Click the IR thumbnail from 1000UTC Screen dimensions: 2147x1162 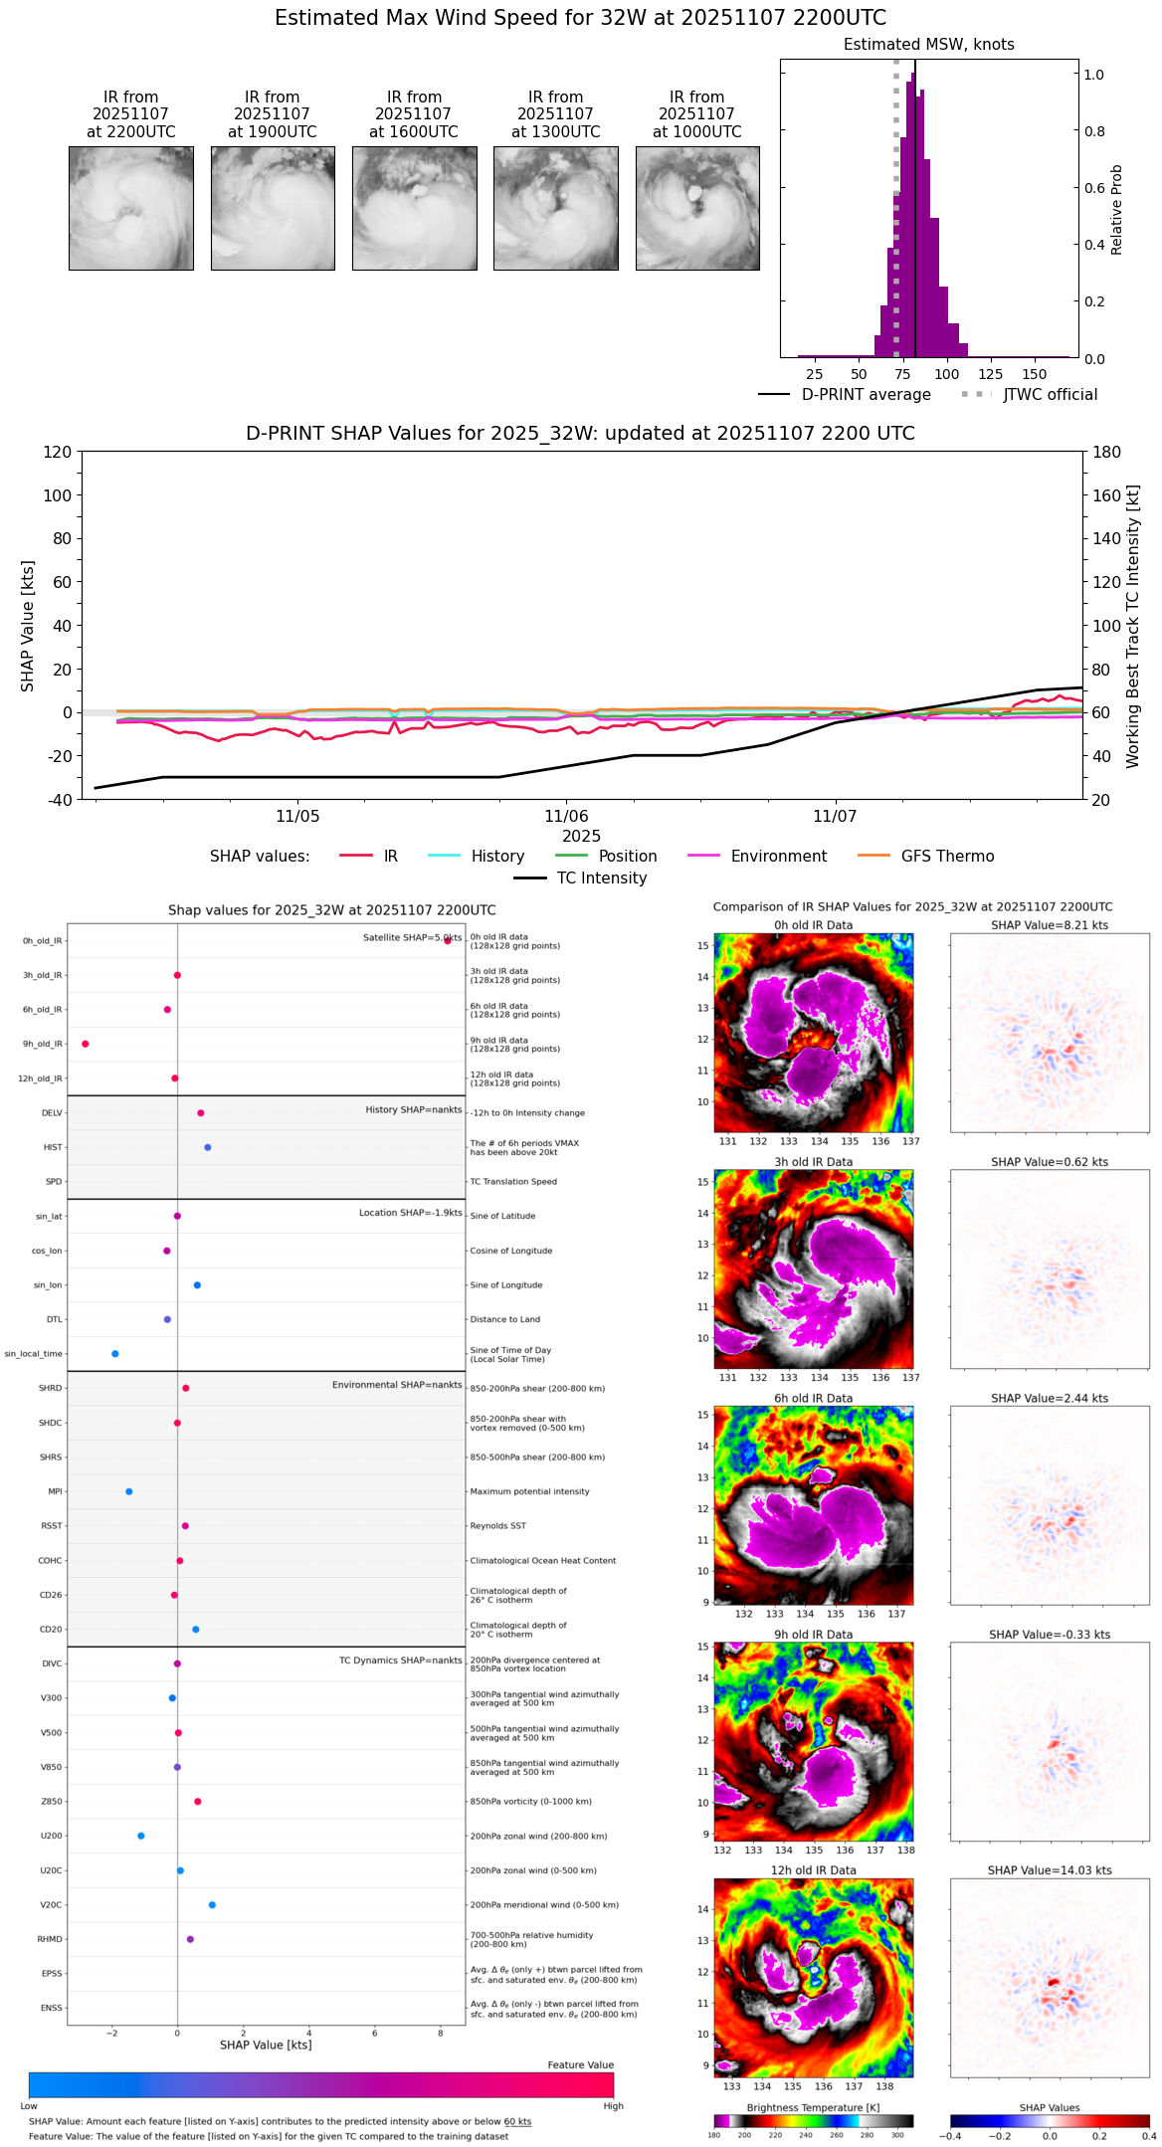[x=697, y=208]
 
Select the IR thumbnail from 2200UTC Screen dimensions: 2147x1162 [x=130, y=208]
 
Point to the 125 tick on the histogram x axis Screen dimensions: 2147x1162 [x=990, y=374]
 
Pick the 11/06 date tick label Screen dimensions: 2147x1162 [x=565, y=817]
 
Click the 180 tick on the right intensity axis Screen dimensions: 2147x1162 [x=1107, y=453]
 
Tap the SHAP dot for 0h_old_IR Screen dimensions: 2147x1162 [x=448, y=940]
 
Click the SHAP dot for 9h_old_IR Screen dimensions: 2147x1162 [x=86, y=1044]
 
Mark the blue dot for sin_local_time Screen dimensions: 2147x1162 [x=115, y=1354]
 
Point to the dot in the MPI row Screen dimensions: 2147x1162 [x=129, y=1491]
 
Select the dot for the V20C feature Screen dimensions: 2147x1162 [x=212, y=1905]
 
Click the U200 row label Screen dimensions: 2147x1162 [x=51, y=1837]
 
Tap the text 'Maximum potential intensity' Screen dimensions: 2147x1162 [x=529, y=1491]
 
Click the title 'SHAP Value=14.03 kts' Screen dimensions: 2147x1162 [x=1049, y=1870]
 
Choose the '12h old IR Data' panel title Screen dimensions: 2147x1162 [x=813, y=1870]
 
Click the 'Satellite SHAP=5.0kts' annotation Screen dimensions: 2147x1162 [x=412, y=937]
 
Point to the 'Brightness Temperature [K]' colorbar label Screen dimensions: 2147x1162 [x=813, y=2108]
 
